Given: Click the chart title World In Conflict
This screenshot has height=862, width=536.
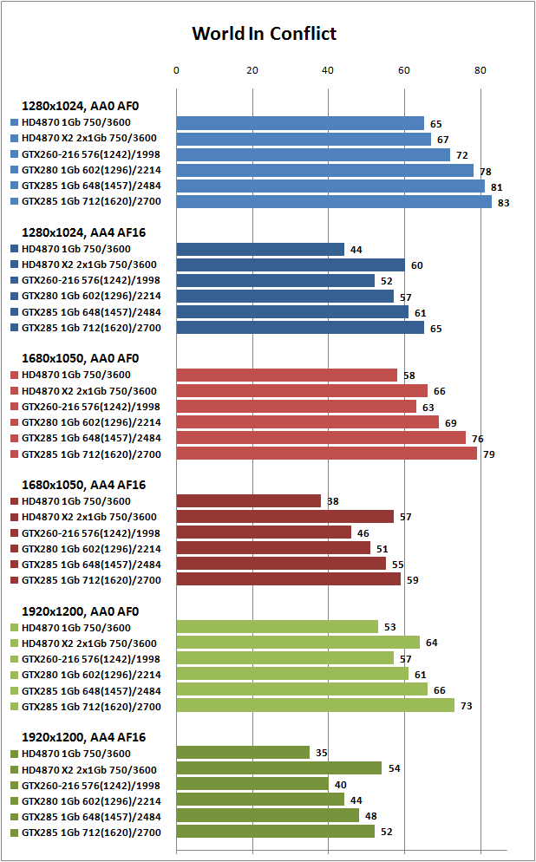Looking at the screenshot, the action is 264,34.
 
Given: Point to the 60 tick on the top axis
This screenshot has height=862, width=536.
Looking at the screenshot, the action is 404,70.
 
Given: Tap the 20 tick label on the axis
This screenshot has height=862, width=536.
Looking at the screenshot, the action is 252,70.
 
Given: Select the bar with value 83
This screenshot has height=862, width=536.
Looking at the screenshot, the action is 334,202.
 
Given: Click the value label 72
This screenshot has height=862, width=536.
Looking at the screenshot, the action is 461,155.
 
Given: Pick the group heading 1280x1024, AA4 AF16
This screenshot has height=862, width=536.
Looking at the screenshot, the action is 83,232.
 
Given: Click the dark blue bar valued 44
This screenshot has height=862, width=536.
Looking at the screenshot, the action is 260,249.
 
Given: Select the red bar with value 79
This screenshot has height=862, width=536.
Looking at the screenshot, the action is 327,454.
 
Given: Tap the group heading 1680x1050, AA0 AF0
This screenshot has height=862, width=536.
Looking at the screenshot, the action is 81,358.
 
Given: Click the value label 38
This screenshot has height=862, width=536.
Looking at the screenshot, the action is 332,501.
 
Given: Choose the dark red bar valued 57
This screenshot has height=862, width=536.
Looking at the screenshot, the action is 284,517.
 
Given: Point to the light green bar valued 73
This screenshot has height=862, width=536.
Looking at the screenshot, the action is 315,705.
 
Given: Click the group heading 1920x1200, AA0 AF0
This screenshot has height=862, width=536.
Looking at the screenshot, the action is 81,611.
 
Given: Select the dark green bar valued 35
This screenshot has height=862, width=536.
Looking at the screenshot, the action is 243,753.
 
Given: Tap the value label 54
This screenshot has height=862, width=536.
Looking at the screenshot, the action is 394,768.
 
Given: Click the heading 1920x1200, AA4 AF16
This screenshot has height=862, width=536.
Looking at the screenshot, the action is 83,737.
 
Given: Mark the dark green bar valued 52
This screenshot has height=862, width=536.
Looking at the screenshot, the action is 276,831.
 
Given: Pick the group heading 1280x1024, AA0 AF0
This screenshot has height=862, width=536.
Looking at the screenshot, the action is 81,106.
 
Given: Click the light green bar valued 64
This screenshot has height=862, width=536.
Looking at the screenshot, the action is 298,642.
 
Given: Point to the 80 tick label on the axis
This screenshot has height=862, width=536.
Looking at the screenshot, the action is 480,70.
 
